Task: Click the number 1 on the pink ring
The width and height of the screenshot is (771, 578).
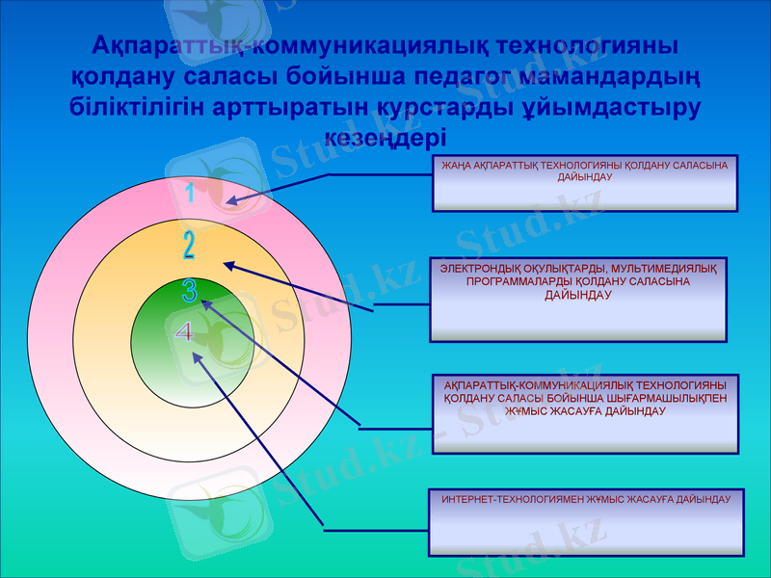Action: click(191, 194)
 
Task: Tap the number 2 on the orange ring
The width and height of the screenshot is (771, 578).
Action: click(189, 246)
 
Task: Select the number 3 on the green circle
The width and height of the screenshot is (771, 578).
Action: click(190, 292)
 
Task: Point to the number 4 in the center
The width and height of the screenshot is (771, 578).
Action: click(184, 332)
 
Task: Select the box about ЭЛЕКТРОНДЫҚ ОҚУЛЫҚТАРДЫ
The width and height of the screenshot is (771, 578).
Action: click(577, 299)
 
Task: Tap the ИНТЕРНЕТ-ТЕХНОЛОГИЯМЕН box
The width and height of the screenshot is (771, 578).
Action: click(586, 521)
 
